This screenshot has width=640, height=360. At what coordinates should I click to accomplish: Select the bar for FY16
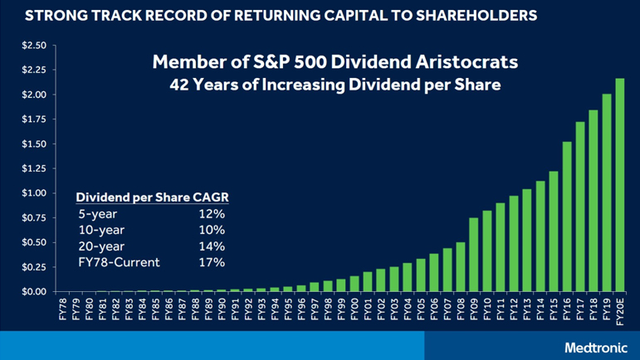coord(567,216)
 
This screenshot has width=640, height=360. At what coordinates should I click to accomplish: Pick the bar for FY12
coord(513,244)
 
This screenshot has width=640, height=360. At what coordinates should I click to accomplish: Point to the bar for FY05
coord(421,275)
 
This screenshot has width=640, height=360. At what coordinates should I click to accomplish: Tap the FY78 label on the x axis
coord(61,308)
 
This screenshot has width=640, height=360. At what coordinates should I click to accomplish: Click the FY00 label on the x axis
coord(354,308)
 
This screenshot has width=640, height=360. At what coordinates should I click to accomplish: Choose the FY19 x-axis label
coord(606,308)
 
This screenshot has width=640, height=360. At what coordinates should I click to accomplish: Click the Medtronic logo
coord(594,348)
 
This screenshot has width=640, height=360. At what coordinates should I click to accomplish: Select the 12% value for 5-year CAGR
coord(212,214)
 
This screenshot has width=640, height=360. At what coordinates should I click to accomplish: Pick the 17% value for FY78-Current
coord(212,262)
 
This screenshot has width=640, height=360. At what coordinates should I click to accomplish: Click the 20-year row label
coord(98,246)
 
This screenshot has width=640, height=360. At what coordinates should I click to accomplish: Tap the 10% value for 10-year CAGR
coord(212,230)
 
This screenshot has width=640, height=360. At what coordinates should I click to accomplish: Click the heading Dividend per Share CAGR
coord(152,197)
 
